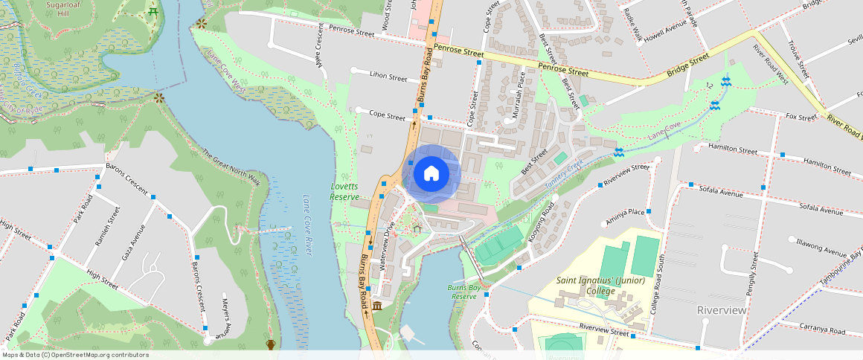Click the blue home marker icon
tap(431, 173)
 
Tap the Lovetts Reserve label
tap(344, 191)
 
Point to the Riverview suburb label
tap(721, 309)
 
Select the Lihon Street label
tap(388, 77)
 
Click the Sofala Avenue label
tap(721, 193)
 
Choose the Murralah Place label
tap(520, 90)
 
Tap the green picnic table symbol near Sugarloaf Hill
tap(153, 13)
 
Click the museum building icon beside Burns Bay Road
tap(377, 306)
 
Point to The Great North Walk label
tap(231, 168)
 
